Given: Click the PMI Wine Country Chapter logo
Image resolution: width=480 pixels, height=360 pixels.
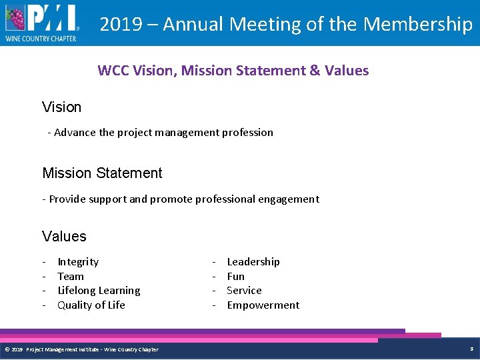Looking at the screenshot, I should tap(41, 23).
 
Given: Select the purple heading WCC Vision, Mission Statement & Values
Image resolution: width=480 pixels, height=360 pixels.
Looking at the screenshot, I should tap(233, 71).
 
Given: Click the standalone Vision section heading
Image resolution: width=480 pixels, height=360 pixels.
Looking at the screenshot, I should tap(61, 107).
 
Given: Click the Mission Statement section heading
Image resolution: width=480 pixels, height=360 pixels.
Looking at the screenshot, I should tap(102, 173).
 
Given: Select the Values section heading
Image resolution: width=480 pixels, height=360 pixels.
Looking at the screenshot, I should tap(64, 237).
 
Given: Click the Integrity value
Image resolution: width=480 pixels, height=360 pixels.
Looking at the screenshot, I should tap(78, 262).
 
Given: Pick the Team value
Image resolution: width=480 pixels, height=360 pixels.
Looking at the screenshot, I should tap(71, 276).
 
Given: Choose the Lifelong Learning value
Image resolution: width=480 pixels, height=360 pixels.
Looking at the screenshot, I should tap(99, 291).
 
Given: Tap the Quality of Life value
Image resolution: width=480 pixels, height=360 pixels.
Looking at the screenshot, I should tap(91, 305).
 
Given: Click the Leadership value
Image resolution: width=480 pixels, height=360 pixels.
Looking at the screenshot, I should tap(253, 262).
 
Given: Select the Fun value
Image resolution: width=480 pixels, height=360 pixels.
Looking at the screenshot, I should tap(236, 276).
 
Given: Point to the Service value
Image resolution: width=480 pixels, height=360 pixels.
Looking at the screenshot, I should tap(244, 291).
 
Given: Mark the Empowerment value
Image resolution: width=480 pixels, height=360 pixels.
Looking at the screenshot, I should tap(263, 305).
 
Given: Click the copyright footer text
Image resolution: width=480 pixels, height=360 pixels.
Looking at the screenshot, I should tap(81, 349).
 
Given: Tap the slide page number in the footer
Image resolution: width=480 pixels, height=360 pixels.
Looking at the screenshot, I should tap(471, 349).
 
